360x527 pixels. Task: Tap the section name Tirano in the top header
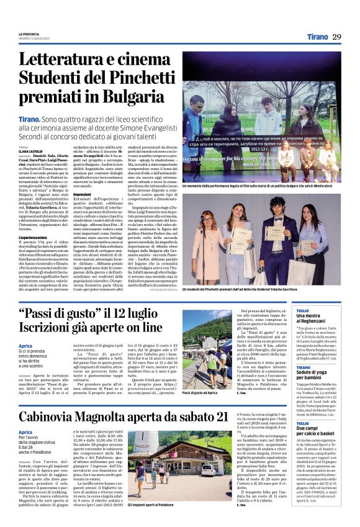(x=317, y=37)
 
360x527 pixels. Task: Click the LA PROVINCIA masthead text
(x=29, y=34)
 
